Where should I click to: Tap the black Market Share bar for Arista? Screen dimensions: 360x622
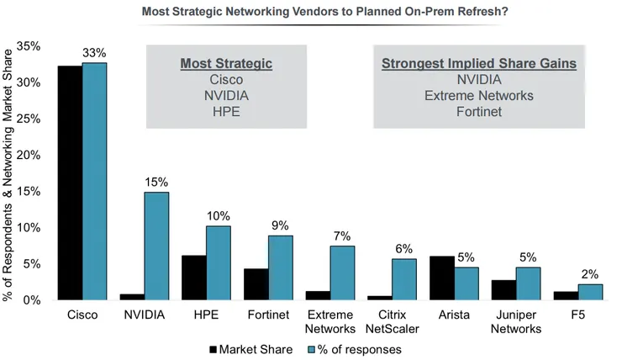pos(443,278)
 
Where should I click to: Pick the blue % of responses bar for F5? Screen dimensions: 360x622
pos(589,292)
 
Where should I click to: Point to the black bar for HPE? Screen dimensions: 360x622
pos(194,278)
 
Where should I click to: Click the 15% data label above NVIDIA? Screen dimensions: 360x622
pos(156,182)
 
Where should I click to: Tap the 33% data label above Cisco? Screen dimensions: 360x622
pos(94,53)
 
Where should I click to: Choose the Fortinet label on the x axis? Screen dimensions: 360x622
pos(268,315)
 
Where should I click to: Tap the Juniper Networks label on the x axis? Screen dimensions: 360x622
pos(516,321)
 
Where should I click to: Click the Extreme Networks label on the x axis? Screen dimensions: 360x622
pos(330,321)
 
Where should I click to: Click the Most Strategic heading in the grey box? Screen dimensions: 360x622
pos(227,64)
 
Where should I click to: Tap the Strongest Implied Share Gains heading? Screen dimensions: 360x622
pos(478,64)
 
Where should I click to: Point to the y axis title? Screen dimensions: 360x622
pos(11,172)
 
